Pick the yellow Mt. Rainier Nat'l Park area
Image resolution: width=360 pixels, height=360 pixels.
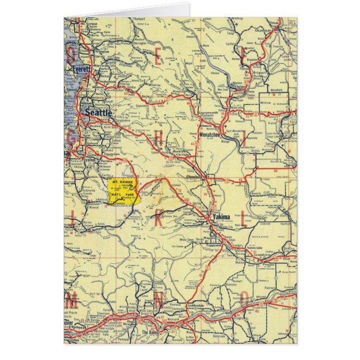pyautogui.click(x=122, y=192)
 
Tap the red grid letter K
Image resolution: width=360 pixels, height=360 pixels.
pyautogui.click(x=159, y=218)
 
